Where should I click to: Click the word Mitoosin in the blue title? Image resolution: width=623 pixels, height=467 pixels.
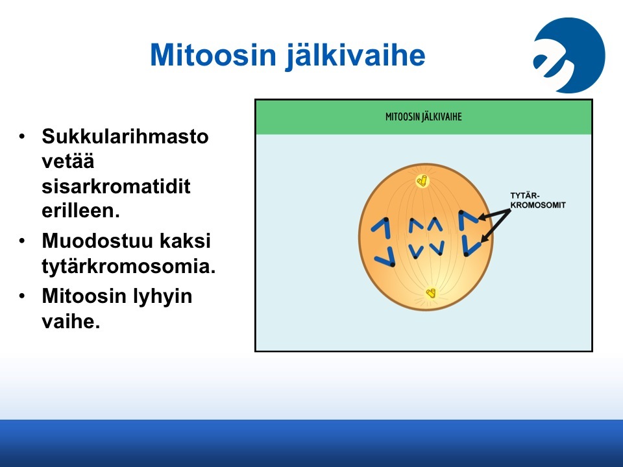pyautogui.click(x=213, y=54)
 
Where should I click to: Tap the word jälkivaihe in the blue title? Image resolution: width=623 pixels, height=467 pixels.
pyautogui.click(x=355, y=56)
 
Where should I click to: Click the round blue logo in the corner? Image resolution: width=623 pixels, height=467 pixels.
pyautogui.click(x=569, y=55)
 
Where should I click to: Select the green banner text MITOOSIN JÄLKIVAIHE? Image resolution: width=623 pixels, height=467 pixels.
pyautogui.click(x=424, y=117)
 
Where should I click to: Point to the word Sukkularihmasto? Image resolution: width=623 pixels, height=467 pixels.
pyautogui.click(x=125, y=136)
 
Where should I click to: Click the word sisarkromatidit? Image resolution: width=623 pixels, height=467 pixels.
pyautogui.click(x=116, y=186)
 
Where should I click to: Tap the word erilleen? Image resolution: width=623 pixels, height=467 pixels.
pyautogui.click(x=80, y=210)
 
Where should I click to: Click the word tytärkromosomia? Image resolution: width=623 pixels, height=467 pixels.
pyautogui.click(x=128, y=266)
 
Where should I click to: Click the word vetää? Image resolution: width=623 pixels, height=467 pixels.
pyautogui.click(x=68, y=162)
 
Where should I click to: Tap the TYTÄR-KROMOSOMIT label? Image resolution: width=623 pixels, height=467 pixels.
pyautogui.click(x=538, y=200)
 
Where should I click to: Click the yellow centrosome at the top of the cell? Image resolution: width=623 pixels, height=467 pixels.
pyautogui.click(x=422, y=181)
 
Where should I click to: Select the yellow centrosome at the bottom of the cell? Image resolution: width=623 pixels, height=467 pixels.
pyautogui.click(x=430, y=293)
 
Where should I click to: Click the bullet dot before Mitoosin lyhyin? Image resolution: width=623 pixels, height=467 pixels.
pyautogui.click(x=22, y=296)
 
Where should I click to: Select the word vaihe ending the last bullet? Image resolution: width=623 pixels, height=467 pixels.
pyautogui.click(x=71, y=321)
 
